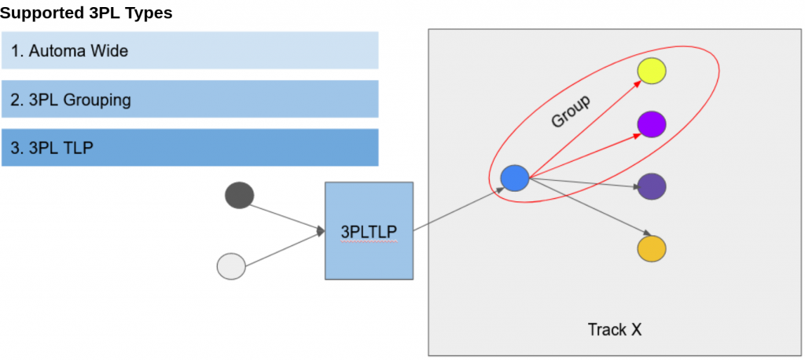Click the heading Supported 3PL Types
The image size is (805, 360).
[86, 13]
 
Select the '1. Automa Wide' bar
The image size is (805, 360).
[189, 51]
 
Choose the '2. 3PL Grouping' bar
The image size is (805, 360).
[189, 100]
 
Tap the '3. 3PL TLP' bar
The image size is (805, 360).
[189, 148]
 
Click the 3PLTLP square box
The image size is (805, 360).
[369, 231]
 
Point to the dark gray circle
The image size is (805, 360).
[239, 195]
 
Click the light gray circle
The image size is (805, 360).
[231, 266]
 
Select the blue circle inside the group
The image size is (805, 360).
[515, 178]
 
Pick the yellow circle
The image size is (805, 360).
[652, 72]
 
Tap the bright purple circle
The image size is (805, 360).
[652, 123]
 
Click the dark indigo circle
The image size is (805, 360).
[652, 187]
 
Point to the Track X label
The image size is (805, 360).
[614, 329]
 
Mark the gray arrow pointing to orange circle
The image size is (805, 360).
[590, 206]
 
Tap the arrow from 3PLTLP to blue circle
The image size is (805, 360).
[458, 209]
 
